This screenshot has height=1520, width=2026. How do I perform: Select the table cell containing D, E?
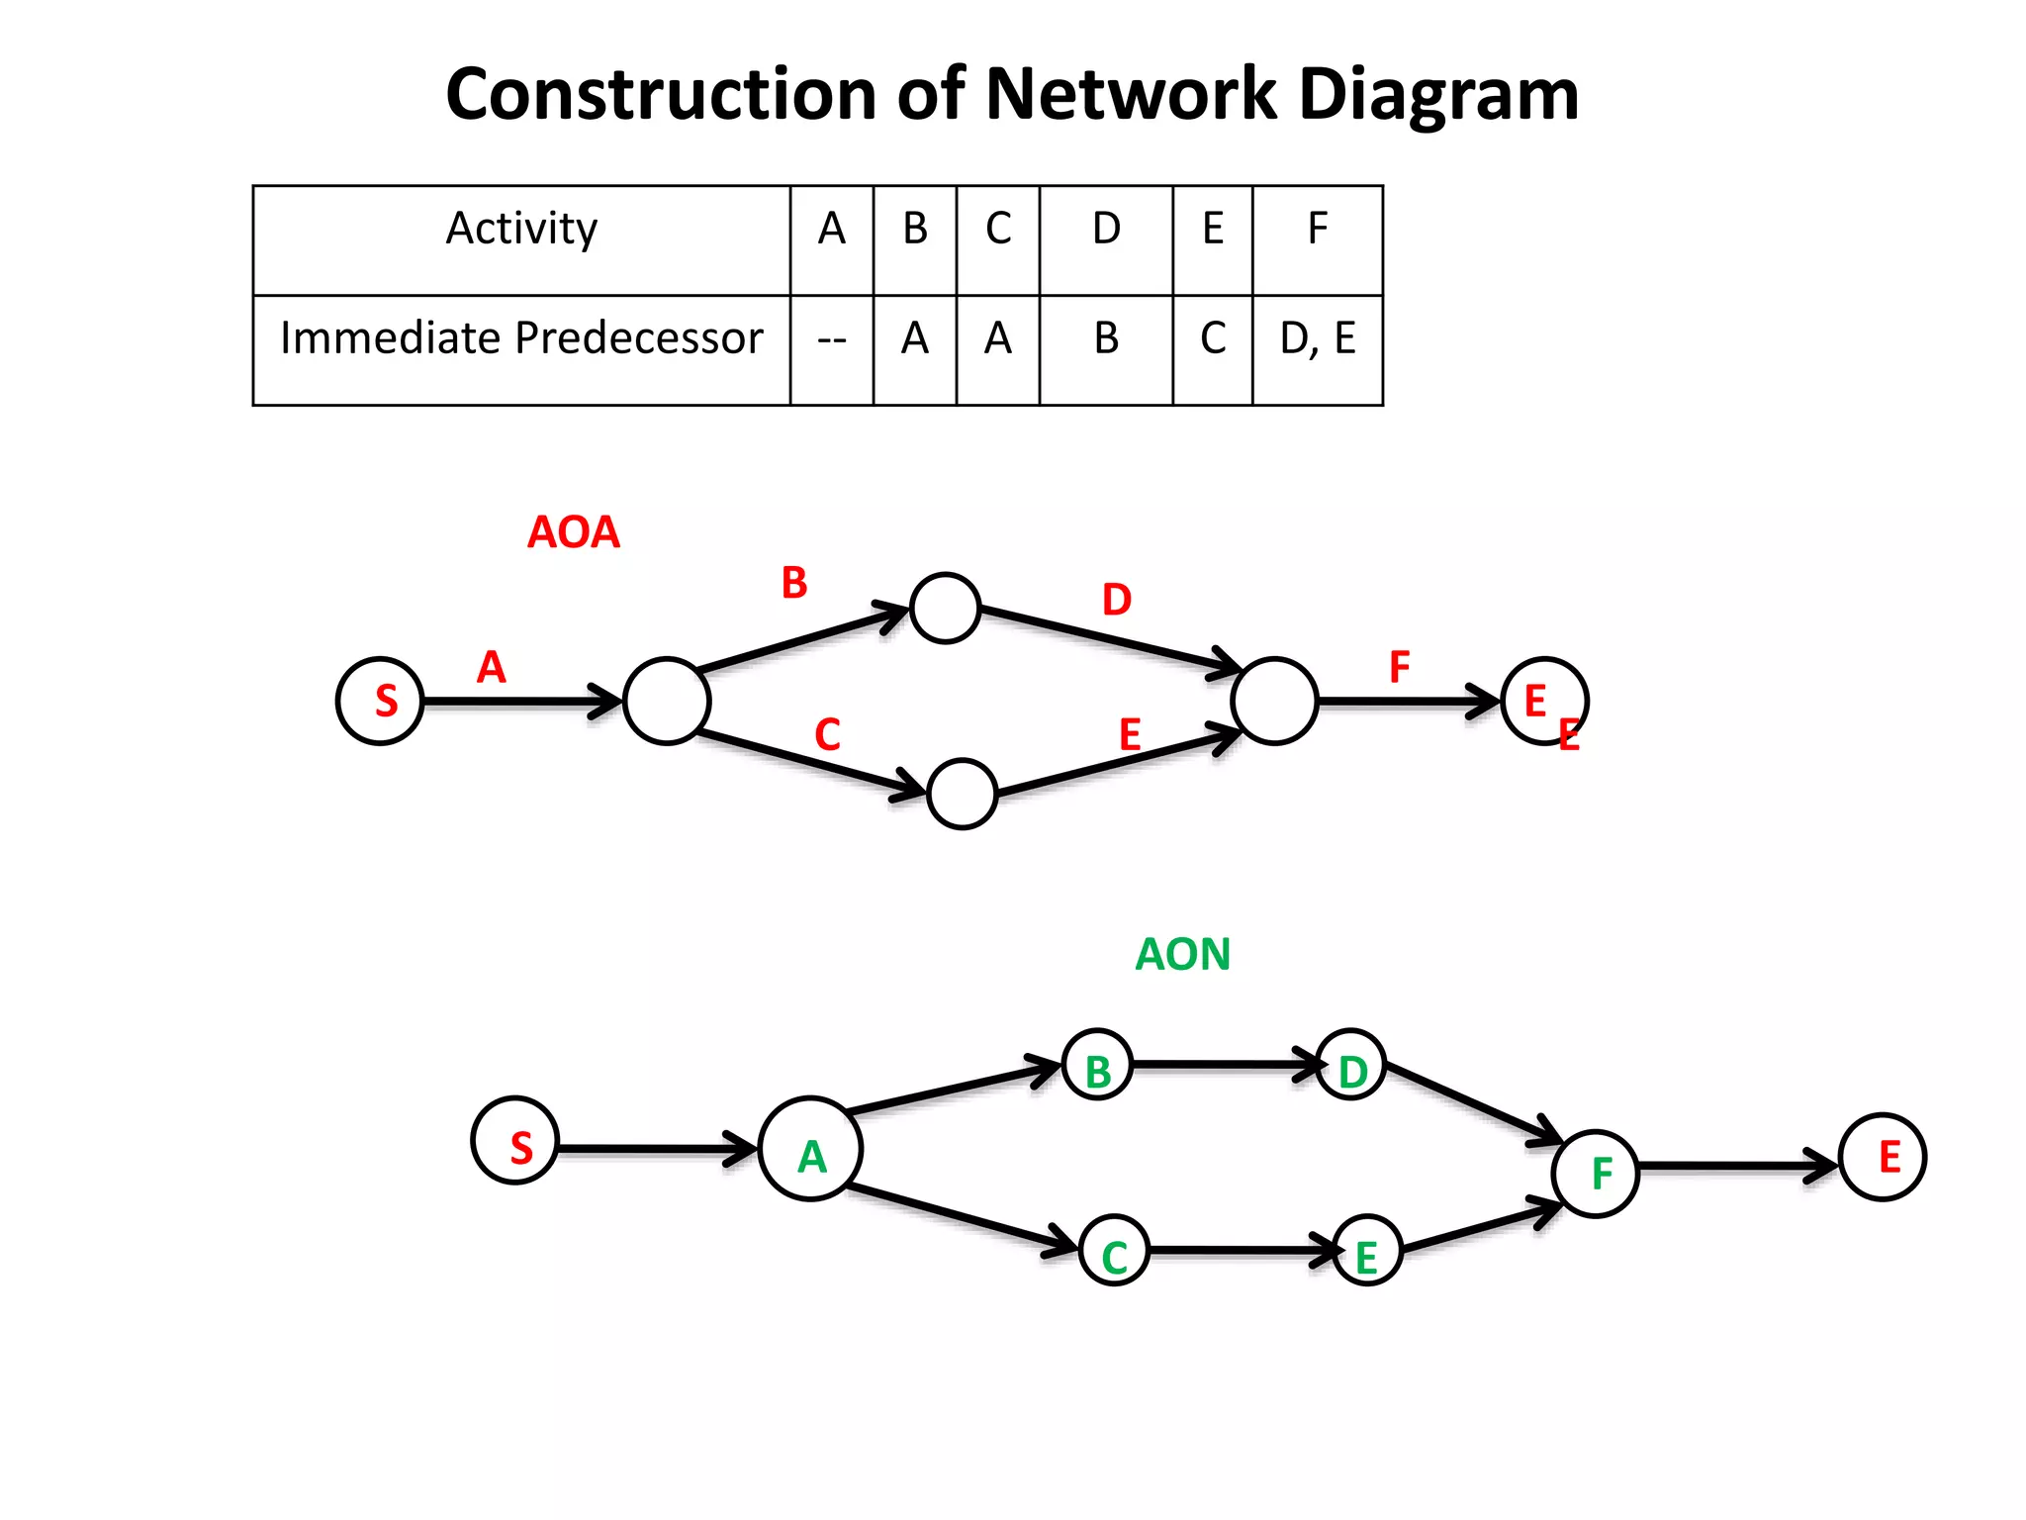tap(1317, 339)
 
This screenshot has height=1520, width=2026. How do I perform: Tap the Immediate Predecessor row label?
tap(521, 339)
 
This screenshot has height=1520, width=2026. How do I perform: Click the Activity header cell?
tap(521, 230)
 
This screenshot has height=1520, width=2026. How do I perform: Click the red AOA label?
tap(573, 532)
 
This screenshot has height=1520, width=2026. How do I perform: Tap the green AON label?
tap(1182, 955)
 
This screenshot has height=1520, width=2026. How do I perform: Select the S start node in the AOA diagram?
tap(380, 701)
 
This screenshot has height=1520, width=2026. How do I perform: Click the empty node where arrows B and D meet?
tap(945, 608)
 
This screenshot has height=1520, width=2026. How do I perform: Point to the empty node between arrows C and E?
tap(962, 793)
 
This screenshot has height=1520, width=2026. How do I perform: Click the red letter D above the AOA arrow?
tap(1116, 601)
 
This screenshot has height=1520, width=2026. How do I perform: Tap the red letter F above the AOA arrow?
tap(1398, 668)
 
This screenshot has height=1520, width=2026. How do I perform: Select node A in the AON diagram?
tap(810, 1149)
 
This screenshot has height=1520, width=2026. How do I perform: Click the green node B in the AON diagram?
tap(1097, 1066)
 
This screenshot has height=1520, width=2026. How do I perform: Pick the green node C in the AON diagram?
tap(1114, 1251)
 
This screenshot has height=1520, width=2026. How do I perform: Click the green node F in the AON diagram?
tap(1596, 1173)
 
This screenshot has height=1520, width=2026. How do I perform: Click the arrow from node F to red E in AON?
tap(1736, 1167)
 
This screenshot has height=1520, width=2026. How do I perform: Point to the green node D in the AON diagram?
tap(1350, 1066)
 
